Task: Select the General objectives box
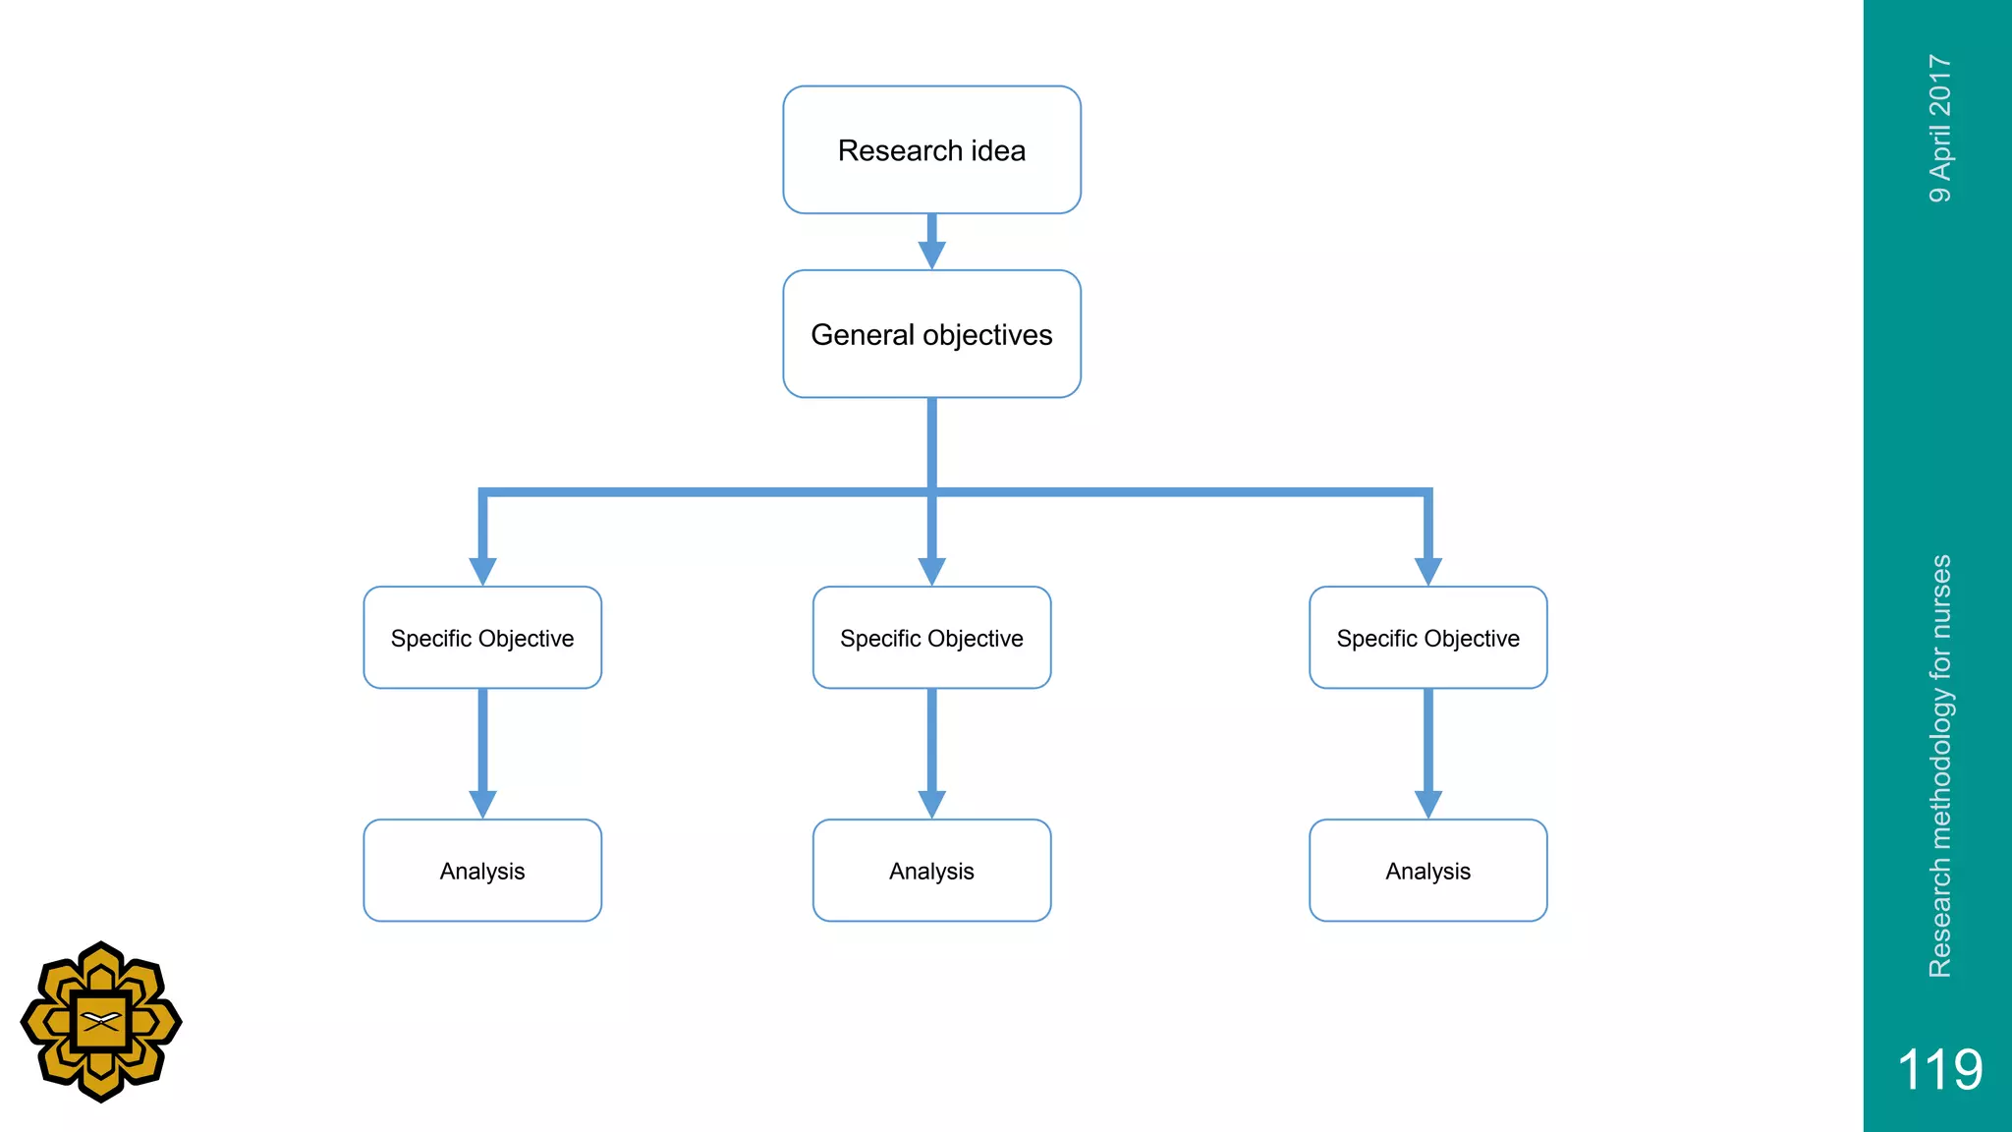(x=931, y=334)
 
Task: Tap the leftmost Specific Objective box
(x=482, y=638)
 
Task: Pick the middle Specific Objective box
(x=931, y=638)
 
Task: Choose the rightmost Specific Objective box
(x=1427, y=638)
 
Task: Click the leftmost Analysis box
(x=482, y=871)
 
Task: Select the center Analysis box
(x=931, y=871)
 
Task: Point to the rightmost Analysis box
(x=1427, y=871)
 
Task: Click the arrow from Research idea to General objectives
(x=931, y=242)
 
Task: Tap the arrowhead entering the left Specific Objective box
(x=482, y=570)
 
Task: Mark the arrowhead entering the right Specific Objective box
(x=1427, y=570)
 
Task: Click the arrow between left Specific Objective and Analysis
(x=482, y=753)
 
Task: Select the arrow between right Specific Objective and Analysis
(x=1427, y=753)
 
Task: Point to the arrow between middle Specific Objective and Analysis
(x=931, y=753)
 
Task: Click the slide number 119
(x=1939, y=1069)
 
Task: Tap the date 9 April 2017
(x=1940, y=129)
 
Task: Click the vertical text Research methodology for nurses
(x=1940, y=766)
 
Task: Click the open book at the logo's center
(x=101, y=1021)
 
